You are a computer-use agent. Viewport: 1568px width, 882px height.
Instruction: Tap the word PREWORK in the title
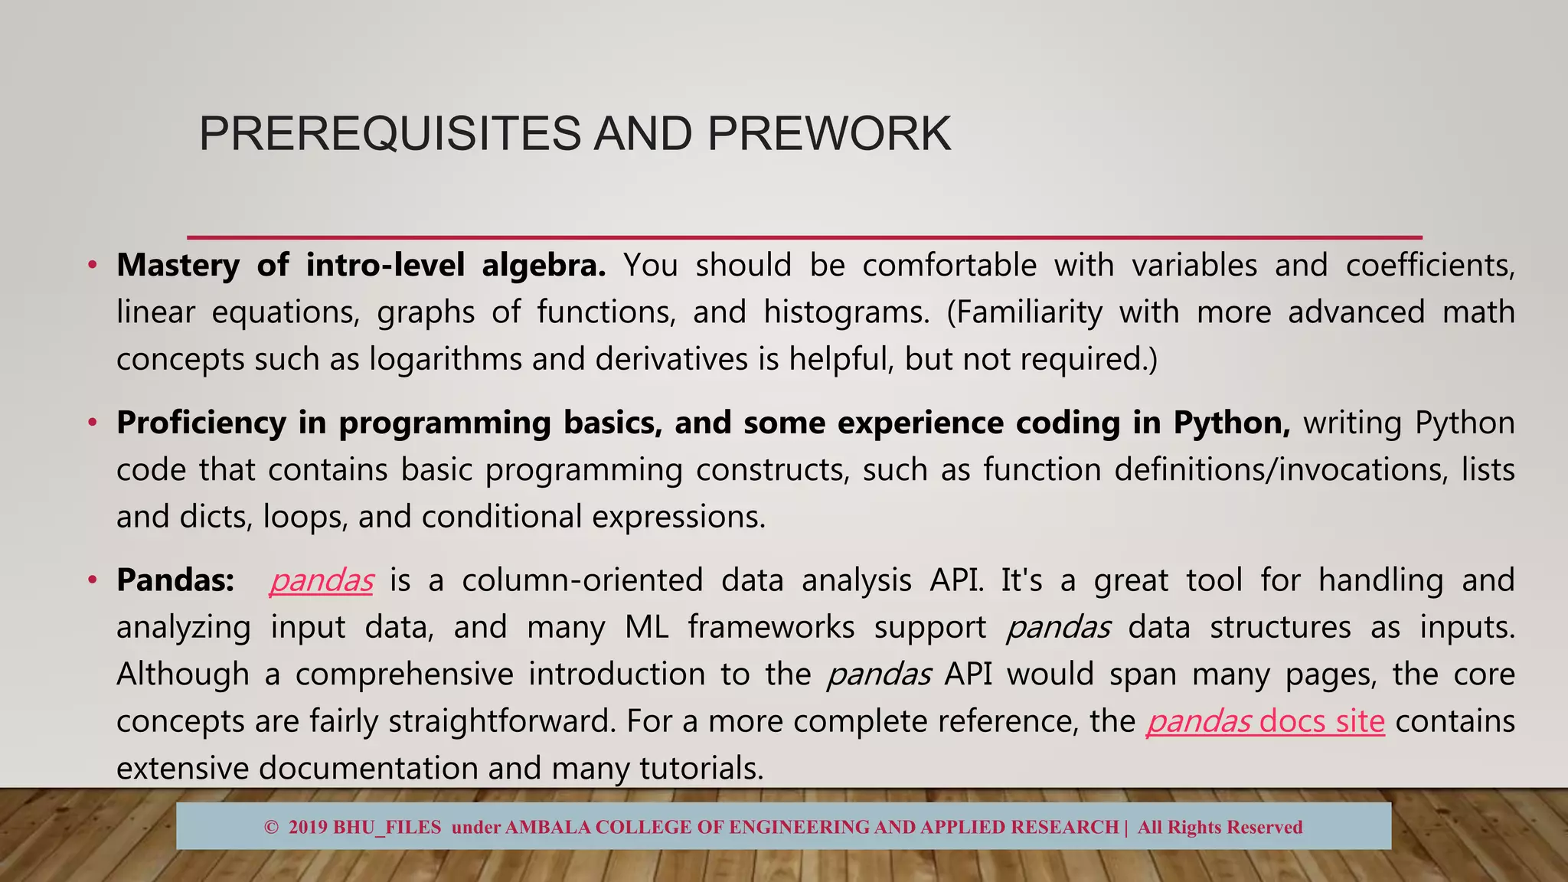point(829,134)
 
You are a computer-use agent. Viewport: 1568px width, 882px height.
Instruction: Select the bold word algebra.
point(544,266)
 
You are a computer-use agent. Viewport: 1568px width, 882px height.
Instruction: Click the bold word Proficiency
point(201,423)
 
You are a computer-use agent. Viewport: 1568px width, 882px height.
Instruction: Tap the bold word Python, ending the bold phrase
point(1232,423)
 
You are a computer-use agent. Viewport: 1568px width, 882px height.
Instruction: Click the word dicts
point(215,517)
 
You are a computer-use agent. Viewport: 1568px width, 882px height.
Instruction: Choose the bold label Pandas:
point(175,580)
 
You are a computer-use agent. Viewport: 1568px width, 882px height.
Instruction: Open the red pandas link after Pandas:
point(322,581)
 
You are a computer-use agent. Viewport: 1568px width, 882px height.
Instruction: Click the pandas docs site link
point(1266,721)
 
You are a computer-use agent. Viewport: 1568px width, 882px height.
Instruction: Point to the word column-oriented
point(582,580)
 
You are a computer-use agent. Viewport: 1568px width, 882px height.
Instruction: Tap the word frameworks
point(771,627)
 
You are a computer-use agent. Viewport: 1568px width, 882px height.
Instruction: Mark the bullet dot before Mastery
point(93,266)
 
